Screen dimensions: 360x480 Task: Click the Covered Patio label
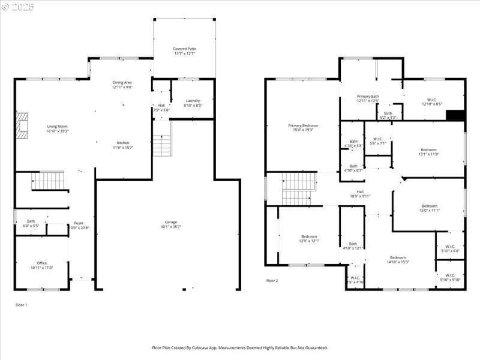[184, 51]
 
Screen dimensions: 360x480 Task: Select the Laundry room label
[193, 103]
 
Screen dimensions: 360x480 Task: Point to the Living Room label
[58, 128]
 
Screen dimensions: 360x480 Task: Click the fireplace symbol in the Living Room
[22, 126]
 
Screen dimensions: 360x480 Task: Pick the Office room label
[41, 265]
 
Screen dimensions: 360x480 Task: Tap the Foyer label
[79, 225]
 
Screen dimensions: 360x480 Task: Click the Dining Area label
[122, 85]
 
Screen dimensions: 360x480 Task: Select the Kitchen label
[122, 145]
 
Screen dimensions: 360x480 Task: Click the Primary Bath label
[368, 98]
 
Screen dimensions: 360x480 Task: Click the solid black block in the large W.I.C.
[457, 115]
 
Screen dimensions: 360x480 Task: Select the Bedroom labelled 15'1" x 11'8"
[428, 152]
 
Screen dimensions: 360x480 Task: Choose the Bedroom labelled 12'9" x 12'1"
[310, 238]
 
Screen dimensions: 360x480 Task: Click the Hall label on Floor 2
[360, 194]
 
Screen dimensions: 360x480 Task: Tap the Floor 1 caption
[21, 305]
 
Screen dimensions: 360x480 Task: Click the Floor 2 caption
[272, 280]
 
